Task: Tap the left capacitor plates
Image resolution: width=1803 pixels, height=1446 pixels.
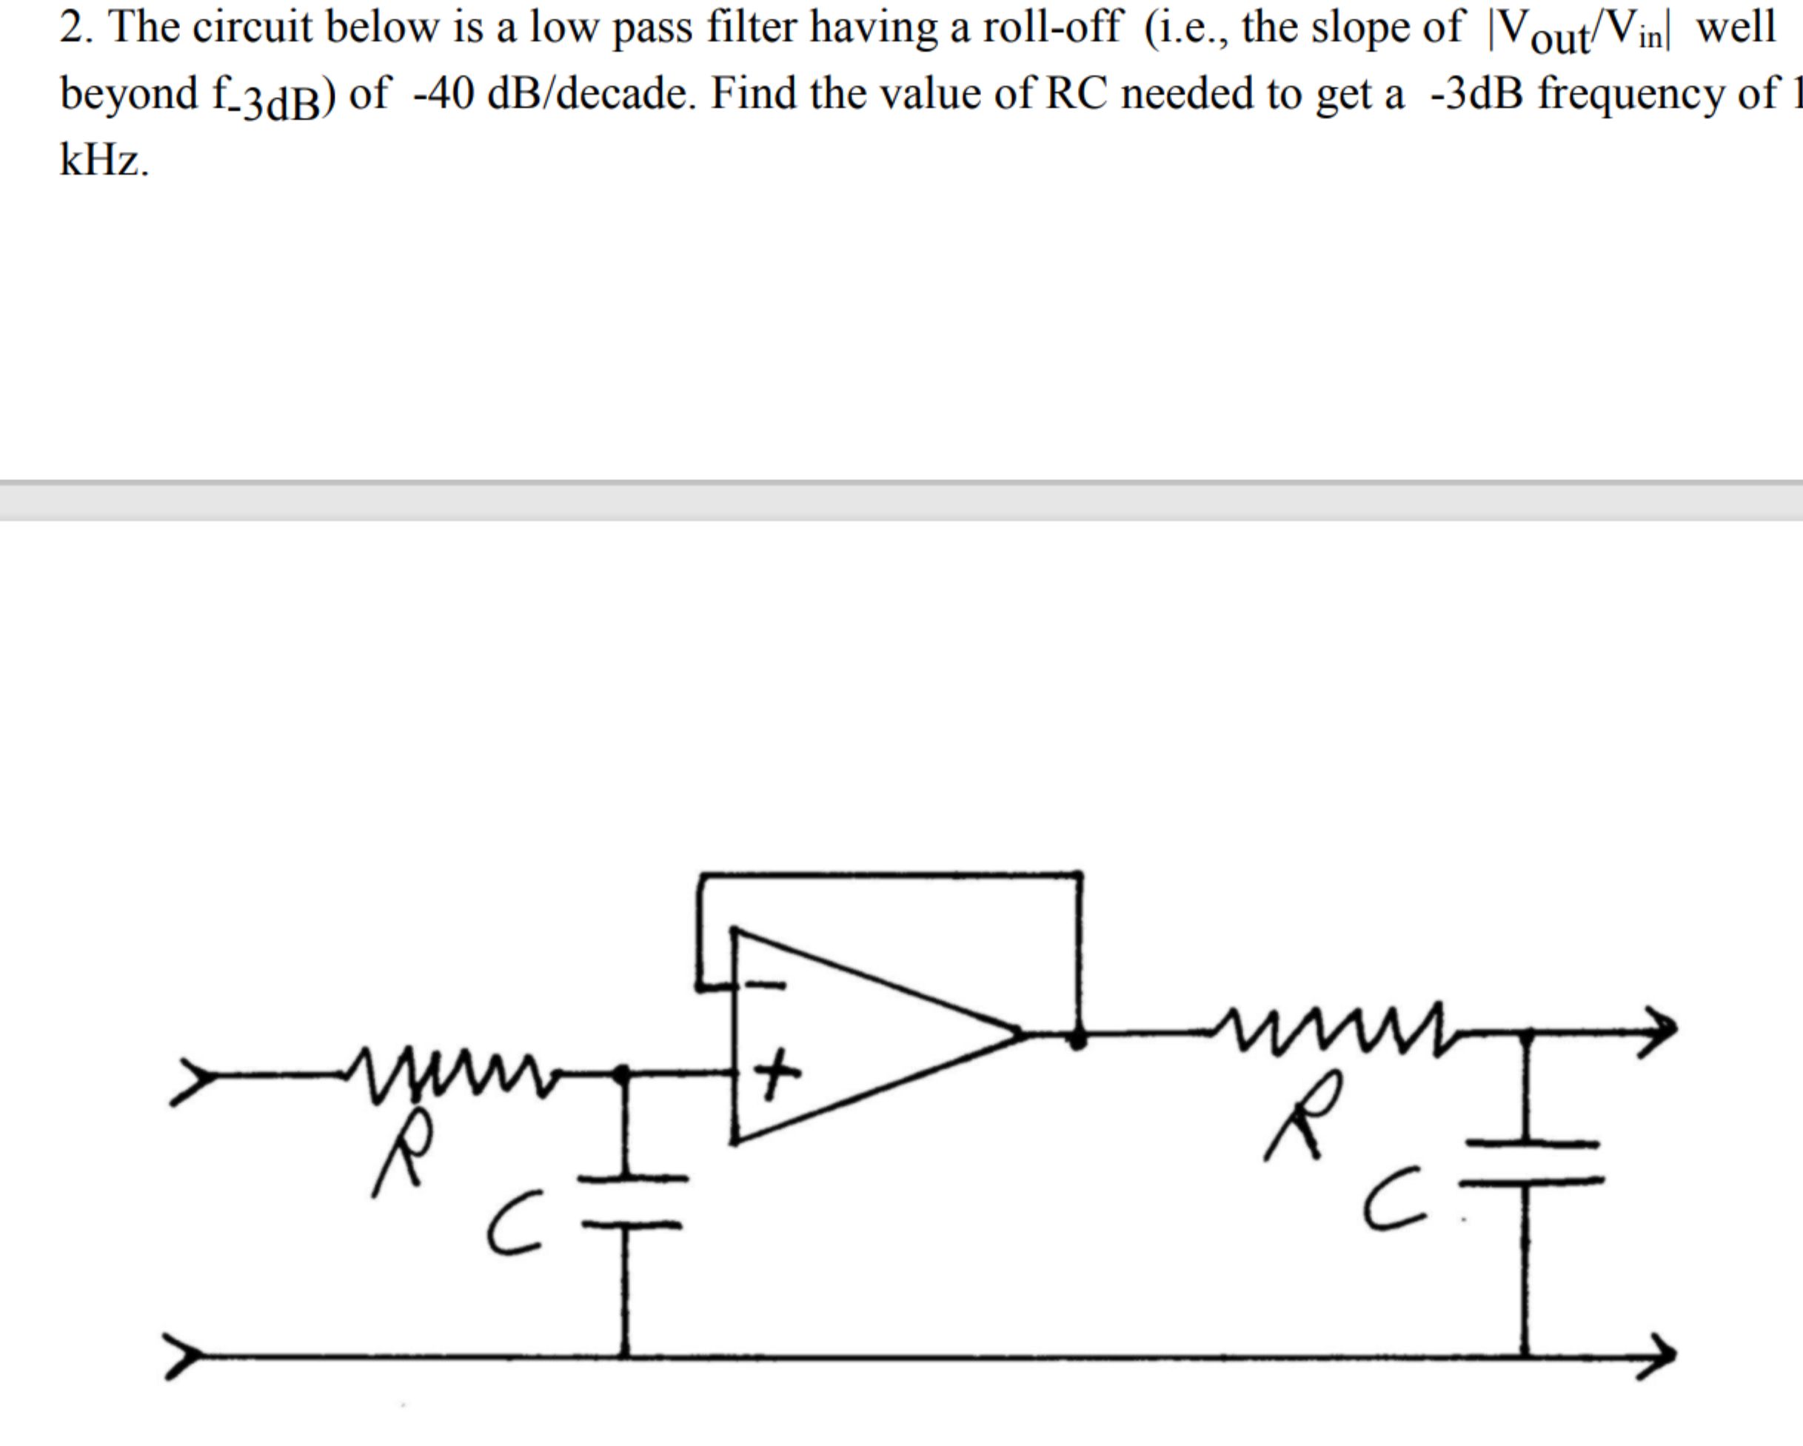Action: click(x=632, y=1201)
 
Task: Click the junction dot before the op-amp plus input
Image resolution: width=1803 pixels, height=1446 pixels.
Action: click(x=621, y=1073)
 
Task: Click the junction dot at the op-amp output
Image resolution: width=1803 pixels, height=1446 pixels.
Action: click(x=1078, y=1038)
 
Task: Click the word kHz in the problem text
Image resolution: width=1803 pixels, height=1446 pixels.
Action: click(x=104, y=159)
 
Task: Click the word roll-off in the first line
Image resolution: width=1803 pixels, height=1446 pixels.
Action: click(x=1051, y=27)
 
